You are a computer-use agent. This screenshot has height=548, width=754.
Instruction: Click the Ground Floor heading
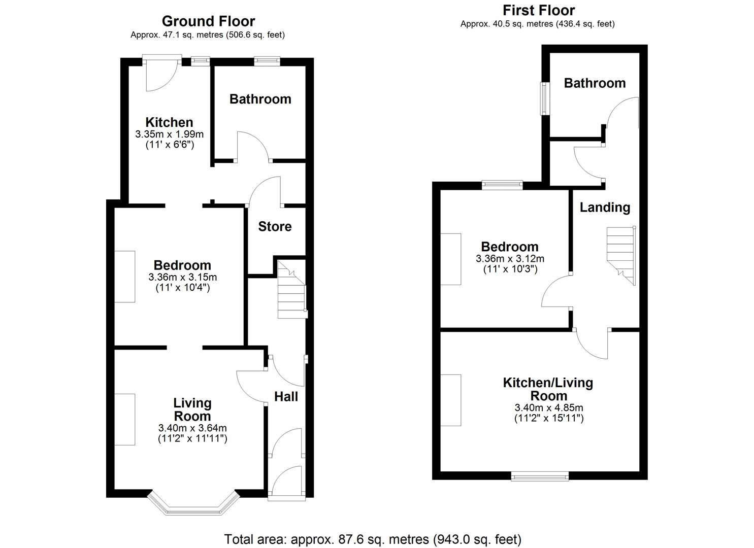click(x=208, y=21)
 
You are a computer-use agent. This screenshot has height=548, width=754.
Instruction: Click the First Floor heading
click(x=538, y=10)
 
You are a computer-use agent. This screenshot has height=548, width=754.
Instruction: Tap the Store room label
click(x=275, y=226)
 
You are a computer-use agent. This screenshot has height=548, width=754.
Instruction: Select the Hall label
click(x=286, y=397)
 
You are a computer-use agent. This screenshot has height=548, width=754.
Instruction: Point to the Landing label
click(x=605, y=207)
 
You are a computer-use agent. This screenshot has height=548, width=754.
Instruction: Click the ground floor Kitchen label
click(x=169, y=122)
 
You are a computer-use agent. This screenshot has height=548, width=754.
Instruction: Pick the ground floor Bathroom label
click(x=260, y=99)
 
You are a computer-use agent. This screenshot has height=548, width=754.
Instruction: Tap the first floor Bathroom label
click(x=595, y=83)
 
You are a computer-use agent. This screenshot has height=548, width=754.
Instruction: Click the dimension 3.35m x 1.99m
click(x=169, y=134)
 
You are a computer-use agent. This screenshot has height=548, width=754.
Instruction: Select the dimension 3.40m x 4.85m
click(x=548, y=407)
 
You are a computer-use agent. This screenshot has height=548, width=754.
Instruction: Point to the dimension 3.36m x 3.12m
click(x=510, y=259)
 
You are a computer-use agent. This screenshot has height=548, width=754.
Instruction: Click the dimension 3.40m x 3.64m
click(x=192, y=428)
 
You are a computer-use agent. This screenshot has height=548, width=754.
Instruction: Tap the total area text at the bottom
click(x=373, y=539)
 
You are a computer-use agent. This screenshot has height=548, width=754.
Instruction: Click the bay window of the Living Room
click(x=192, y=505)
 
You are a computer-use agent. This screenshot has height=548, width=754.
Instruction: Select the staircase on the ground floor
click(x=291, y=294)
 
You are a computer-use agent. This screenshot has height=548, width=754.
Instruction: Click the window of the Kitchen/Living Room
click(x=540, y=475)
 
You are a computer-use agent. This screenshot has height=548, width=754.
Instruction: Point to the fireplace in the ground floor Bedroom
click(x=124, y=277)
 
